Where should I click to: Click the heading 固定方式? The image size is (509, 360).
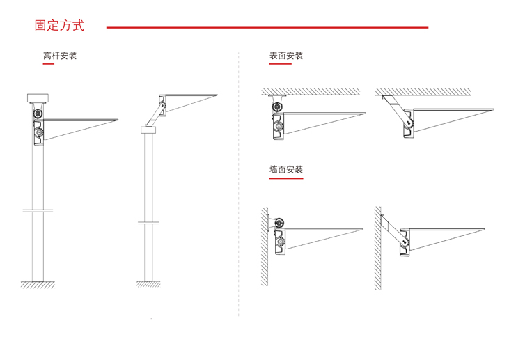59,26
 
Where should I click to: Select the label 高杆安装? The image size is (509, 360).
60,56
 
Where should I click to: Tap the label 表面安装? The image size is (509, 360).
286,56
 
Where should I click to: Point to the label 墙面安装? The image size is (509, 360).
286,169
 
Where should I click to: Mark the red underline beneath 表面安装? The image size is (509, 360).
281,65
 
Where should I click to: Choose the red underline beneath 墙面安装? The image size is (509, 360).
286,179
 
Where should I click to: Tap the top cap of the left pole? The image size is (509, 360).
36,97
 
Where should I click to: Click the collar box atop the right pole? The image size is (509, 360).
148,130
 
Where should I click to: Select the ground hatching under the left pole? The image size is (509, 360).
38,284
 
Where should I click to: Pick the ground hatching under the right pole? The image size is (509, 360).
148,284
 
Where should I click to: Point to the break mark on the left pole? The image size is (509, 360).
38,210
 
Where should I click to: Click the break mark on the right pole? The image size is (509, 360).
148,223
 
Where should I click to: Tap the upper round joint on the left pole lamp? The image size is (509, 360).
38,113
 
